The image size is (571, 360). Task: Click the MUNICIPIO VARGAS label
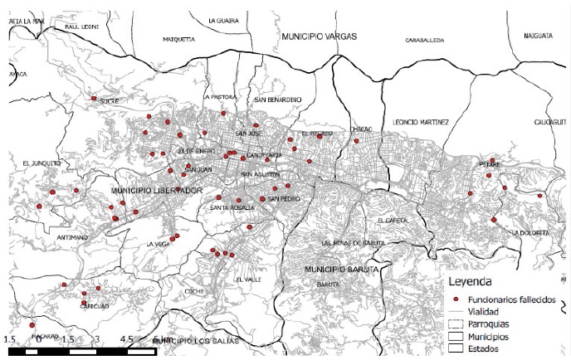319,37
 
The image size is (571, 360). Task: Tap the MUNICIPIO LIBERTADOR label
157,191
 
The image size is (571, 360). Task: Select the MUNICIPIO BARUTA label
342,270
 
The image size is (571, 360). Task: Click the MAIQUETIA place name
178,39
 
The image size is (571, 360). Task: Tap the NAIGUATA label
539,36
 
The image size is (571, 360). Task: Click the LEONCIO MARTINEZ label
421,121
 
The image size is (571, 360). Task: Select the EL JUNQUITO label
41,163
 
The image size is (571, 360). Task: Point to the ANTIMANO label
72,237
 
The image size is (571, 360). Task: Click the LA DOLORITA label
530,233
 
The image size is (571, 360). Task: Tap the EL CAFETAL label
392,221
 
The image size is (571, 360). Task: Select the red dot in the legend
456,298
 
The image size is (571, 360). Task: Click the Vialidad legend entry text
486,311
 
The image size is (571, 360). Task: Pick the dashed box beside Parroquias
456,324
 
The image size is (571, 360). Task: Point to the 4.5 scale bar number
127,339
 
